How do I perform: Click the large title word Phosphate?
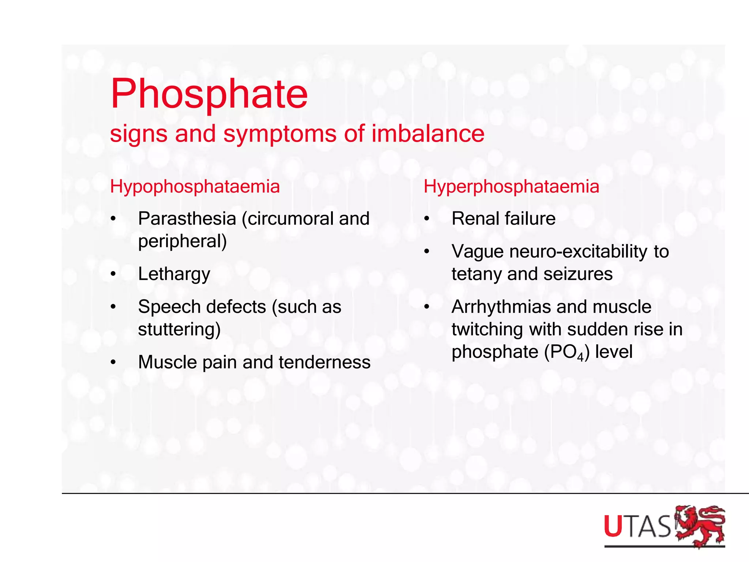coord(209,94)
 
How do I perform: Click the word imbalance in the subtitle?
coord(428,134)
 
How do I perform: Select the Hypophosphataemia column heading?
coord(195,187)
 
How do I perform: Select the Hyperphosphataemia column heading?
coord(511,187)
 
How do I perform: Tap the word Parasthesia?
coord(187,219)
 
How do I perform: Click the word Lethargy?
coord(174,274)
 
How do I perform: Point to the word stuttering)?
coord(179,329)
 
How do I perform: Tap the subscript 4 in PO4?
coord(580,357)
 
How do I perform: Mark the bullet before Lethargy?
coord(113,274)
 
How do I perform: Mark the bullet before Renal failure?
coord(426,219)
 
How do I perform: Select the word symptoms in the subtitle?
coord(280,134)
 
